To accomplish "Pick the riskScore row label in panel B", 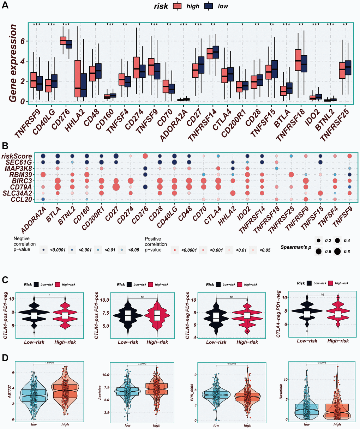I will (x=22, y=156).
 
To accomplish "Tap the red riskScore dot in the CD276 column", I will (x=145, y=156).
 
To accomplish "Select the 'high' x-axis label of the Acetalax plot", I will (x=156, y=425).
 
